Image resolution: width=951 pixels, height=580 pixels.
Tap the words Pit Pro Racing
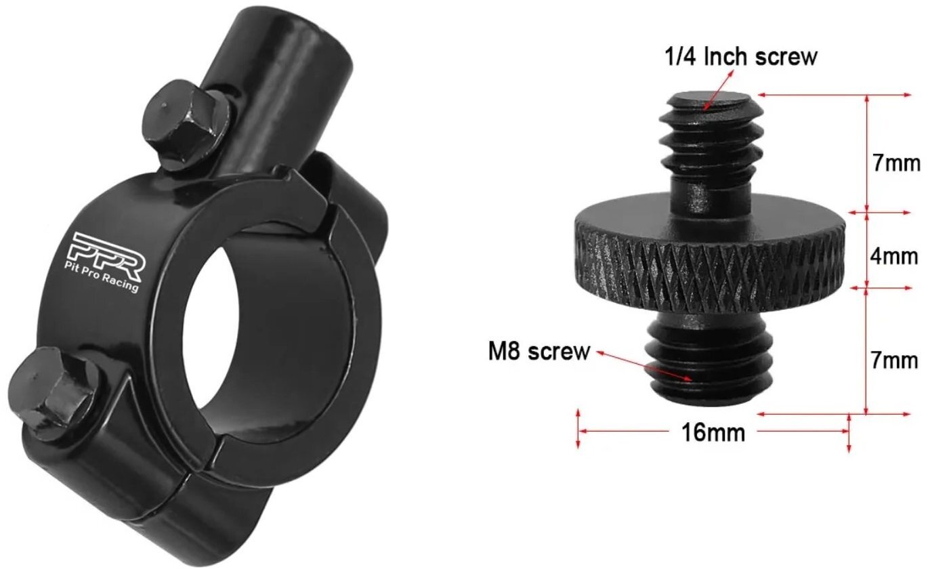pyautogui.click(x=101, y=277)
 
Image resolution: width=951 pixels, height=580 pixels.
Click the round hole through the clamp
pyautogui.click(x=268, y=341)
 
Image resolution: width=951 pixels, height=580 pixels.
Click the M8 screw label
pyautogui.click(x=538, y=352)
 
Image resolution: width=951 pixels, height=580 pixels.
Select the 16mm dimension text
pyautogui.click(x=713, y=433)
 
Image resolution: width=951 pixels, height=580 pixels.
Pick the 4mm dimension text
pyautogui.click(x=894, y=256)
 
